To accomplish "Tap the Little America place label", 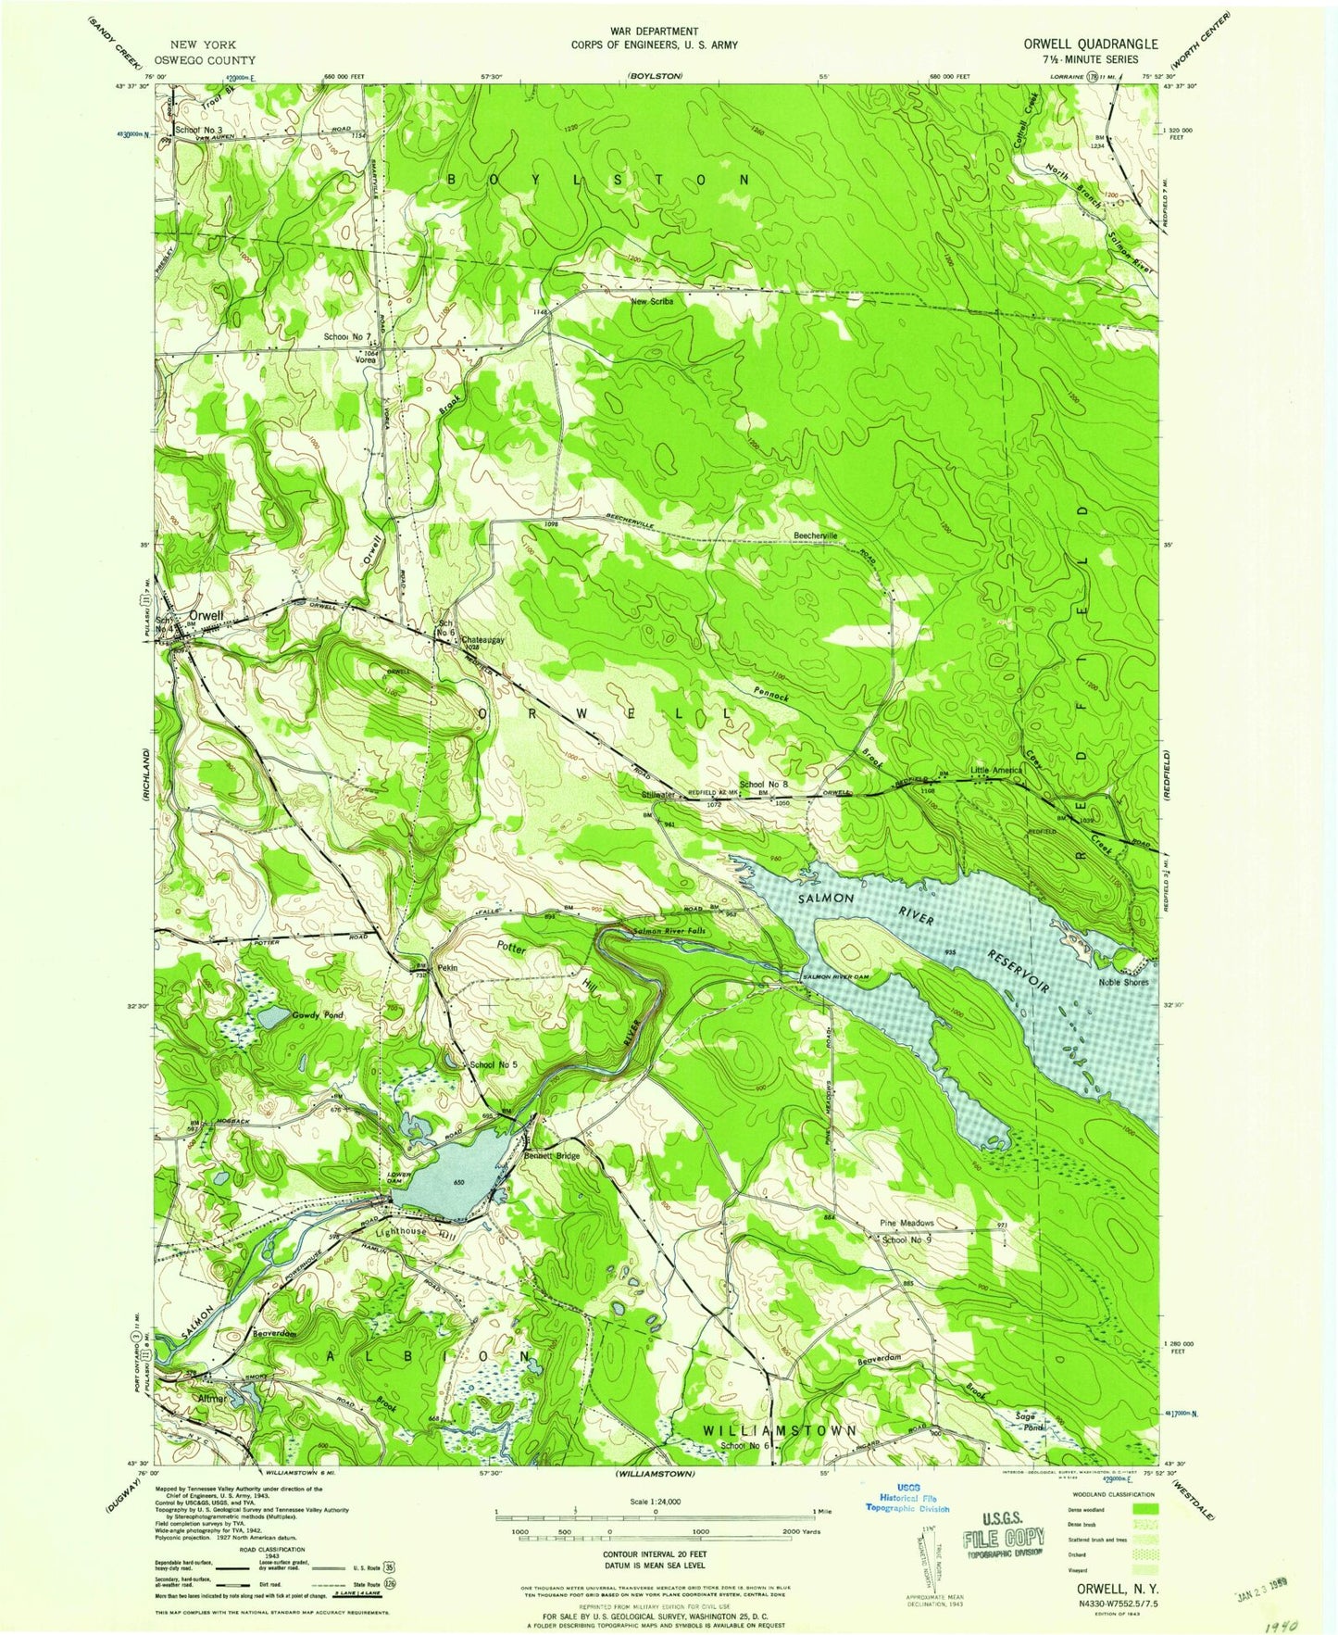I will click(996, 770).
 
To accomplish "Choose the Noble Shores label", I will click(1123, 982).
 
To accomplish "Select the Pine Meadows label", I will click(906, 1223).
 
